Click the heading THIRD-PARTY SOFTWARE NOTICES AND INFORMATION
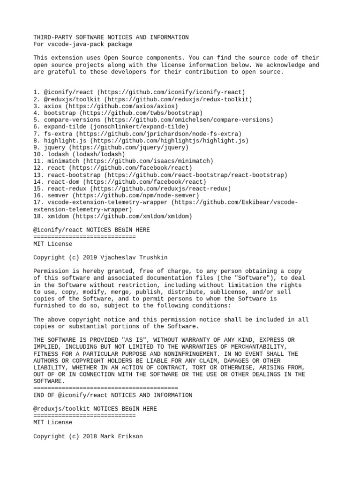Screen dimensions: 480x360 pyautogui.click(x=111, y=37)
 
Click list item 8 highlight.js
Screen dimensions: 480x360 pyautogui.click(x=141, y=141)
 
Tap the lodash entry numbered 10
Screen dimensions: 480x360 pyautogui.click(x=79, y=154)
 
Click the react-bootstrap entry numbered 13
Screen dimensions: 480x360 pyautogui.click(x=160, y=175)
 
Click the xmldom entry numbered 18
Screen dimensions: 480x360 pyautogui.click(x=113, y=216)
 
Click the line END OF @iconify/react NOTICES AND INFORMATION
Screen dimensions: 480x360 pyautogui.click(x=113, y=395)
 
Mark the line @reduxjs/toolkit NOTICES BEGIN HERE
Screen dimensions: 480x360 pyautogui.click(x=95, y=409)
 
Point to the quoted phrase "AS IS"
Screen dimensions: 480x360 pyautogui.click(x=132, y=340)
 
